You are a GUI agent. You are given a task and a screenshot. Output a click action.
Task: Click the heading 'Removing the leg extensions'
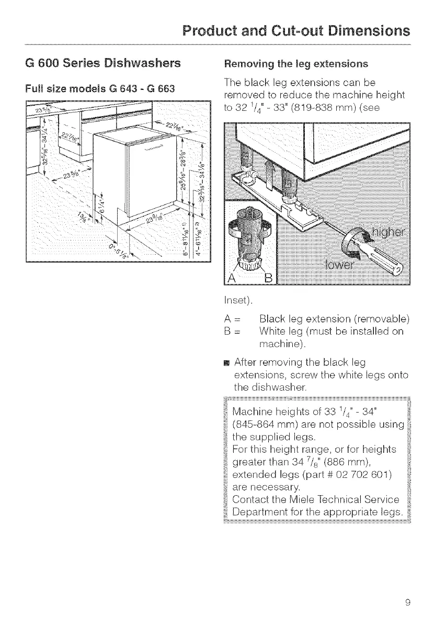coord(295,64)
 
